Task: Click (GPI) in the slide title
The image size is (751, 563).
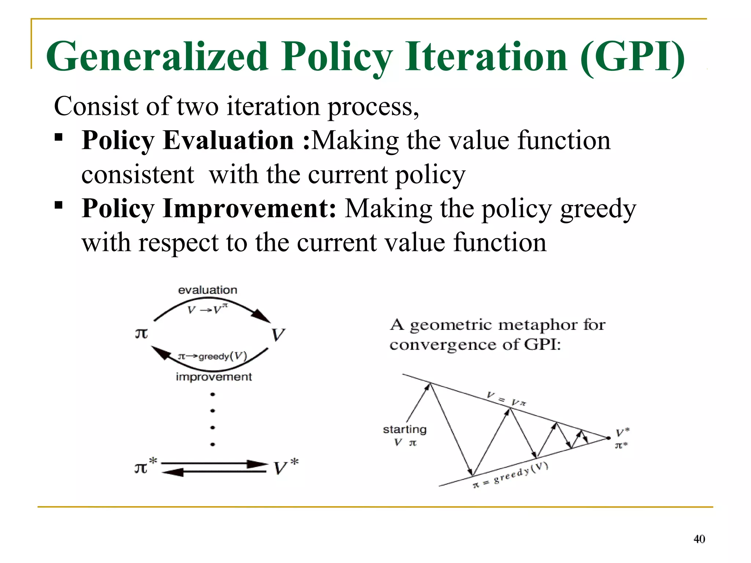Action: (633, 57)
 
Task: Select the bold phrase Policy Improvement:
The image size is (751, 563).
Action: (209, 208)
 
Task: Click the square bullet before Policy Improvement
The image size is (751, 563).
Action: (59, 205)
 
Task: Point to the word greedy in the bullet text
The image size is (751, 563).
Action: (598, 209)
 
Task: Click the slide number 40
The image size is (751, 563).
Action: (699, 539)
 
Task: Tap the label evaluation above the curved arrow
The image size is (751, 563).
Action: (208, 290)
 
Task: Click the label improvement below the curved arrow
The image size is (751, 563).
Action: (214, 377)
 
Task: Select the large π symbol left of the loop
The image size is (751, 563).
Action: (142, 333)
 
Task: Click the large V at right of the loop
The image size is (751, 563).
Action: (278, 334)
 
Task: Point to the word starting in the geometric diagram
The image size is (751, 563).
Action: (404, 429)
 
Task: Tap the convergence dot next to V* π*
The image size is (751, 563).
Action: (608, 438)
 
